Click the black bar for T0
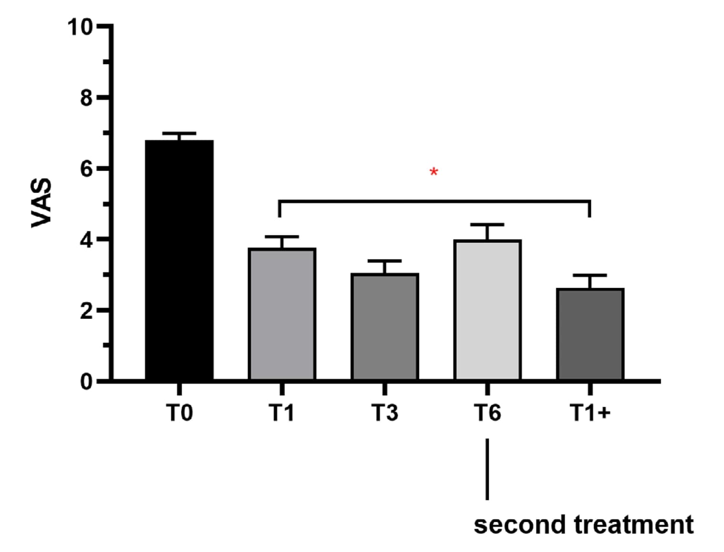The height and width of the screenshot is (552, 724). [x=179, y=260]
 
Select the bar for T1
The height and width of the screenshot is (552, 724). [x=282, y=314]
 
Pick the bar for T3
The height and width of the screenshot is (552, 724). [x=384, y=327]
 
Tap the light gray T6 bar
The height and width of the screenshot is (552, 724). [x=487, y=310]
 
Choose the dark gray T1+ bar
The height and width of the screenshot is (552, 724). [x=590, y=335]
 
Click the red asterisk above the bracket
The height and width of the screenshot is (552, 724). [x=434, y=172]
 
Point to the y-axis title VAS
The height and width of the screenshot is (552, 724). [x=41, y=203]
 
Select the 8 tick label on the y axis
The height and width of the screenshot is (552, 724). [x=86, y=98]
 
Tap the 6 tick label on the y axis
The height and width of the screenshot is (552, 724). [x=86, y=169]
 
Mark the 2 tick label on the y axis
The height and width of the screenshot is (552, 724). [x=86, y=310]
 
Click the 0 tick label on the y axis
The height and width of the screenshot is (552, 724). [x=86, y=382]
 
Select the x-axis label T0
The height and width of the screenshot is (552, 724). [x=179, y=413]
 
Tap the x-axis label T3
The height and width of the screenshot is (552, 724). [x=384, y=413]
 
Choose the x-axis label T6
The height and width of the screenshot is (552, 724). [x=487, y=413]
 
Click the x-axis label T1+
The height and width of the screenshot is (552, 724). [x=590, y=413]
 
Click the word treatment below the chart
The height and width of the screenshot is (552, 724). [x=633, y=525]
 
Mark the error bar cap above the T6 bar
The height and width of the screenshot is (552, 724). [x=487, y=225]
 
